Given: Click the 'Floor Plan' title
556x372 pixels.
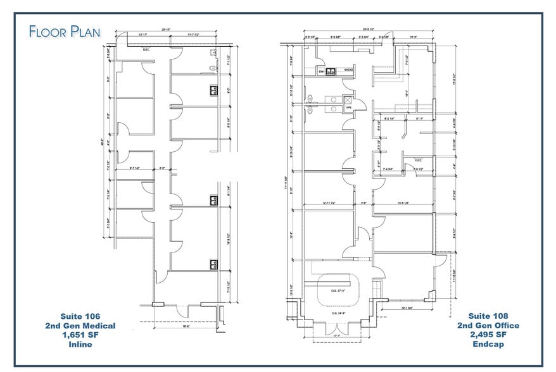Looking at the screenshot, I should pos(64,31).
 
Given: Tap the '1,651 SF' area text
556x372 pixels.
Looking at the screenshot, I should pos(80,335).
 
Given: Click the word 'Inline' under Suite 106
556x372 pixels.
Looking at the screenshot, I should pos(80,344).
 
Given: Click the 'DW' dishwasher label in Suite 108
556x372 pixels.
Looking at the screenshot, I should pos(321,71).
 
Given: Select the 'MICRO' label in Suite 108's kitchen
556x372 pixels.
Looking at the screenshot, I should pos(348,70).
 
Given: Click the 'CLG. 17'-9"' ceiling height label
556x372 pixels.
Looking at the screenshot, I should pos(339,291).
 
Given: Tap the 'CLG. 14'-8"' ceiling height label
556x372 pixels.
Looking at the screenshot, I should pos(339,313).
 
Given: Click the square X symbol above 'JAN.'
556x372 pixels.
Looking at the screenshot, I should pos(347,99).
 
